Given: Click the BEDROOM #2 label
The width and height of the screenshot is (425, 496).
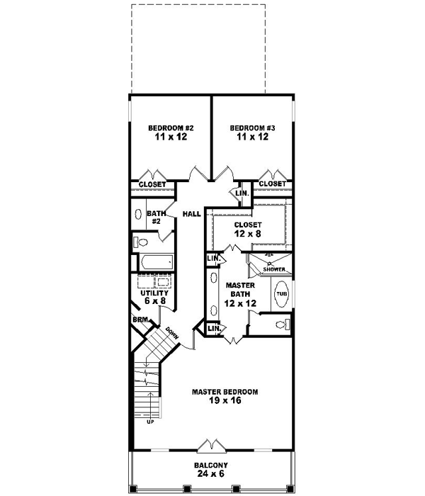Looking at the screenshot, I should pyautogui.click(x=171, y=128).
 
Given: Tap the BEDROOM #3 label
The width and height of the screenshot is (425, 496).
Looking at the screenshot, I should pyautogui.click(x=253, y=128).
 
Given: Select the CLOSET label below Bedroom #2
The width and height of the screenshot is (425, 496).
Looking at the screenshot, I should pyautogui.click(x=152, y=184).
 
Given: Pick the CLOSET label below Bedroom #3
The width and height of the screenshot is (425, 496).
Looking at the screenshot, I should pyautogui.click(x=272, y=184).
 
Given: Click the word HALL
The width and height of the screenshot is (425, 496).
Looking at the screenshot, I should pyautogui.click(x=191, y=214).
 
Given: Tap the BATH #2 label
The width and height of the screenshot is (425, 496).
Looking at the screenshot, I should pyautogui.click(x=155, y=217).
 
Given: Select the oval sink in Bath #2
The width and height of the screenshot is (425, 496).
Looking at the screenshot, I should pyautogui.click(x=137, y=215).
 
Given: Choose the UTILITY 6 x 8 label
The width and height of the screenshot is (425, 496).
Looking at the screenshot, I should pyautogui.click(x=154, y=297).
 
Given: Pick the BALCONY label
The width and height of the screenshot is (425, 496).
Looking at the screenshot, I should pyautogui.click(x=212, y=466).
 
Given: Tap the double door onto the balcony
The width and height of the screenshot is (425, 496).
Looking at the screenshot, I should pyautogui.click(x=212, y=445).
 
